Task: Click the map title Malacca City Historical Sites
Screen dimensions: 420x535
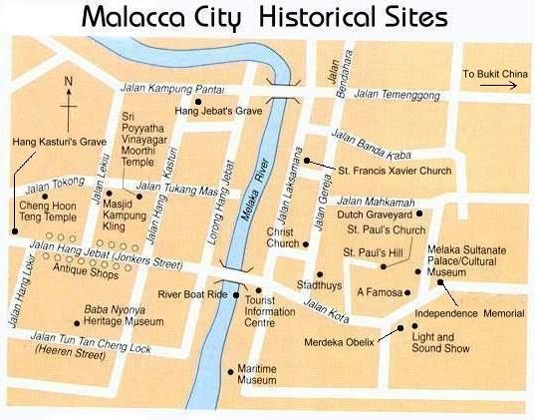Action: point(264,17)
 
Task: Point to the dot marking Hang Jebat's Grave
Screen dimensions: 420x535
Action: point(198,101)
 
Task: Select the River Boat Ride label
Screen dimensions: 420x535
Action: point(194,294)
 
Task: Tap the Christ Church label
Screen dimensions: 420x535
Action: point(283,237)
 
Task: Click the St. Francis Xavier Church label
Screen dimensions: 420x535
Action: point(394,171)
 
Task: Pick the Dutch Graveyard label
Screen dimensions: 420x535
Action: point(374,213)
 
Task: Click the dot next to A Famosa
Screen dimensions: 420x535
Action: point(408,293)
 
